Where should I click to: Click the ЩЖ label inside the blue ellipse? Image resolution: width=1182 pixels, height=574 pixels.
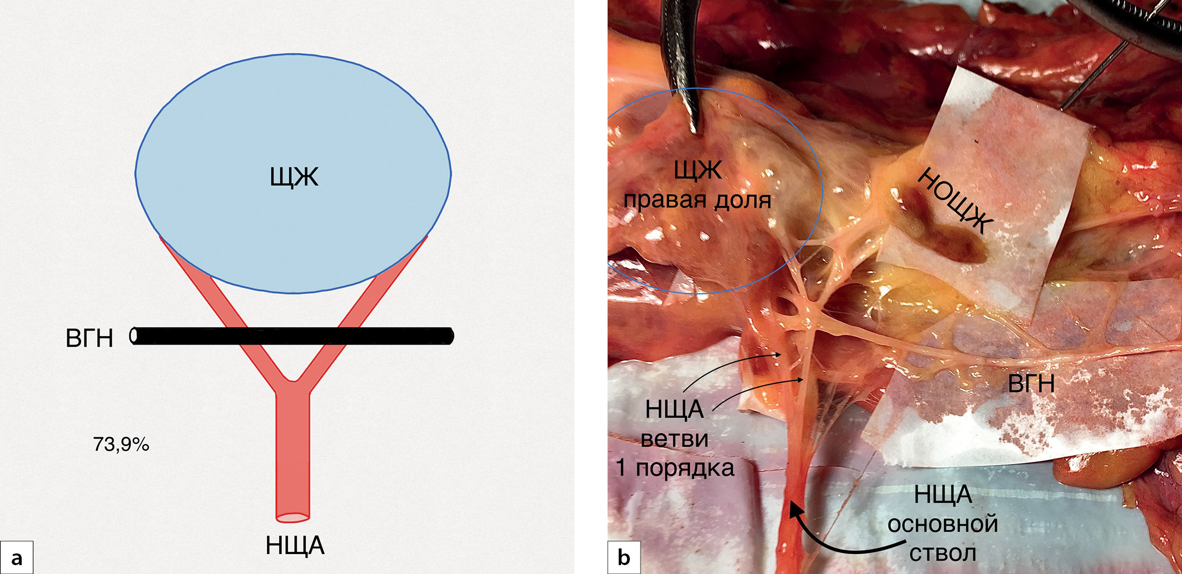pyautogui.click(x=294, y=178)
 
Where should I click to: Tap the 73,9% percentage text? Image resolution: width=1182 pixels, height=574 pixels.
pyautogui.click(x=121, y=445)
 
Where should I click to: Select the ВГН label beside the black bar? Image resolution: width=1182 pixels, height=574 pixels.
pyautogui.click(x=89, y=338)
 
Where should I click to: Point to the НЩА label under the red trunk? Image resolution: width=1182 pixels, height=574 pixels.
pyautogui.click(x=295, y=546)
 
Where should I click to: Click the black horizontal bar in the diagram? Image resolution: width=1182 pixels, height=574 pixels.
pyautogui.click(x=334, y=336)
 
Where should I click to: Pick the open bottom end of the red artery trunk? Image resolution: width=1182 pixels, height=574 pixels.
pyautogui.click(x=293, y=517)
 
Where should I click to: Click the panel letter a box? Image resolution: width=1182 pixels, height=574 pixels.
pyautogui.click(x=17, y=557)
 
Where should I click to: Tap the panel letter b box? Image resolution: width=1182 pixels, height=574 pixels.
pyautogui.click(x=624, y=557)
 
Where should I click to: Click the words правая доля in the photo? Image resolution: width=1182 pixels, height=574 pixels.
pyautogui.click(x=697, y=200)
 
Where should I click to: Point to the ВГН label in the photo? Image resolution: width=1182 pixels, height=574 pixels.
pyautogui.click(x=1031, y=383)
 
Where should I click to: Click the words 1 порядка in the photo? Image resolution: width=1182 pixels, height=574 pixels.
pyautogui.click(x=675, y=468)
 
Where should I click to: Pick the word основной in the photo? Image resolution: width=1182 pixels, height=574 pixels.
pyautogui.click(x=942, y=524)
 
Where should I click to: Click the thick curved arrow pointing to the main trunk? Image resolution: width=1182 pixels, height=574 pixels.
pyautogui.click(x=834, y=542)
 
